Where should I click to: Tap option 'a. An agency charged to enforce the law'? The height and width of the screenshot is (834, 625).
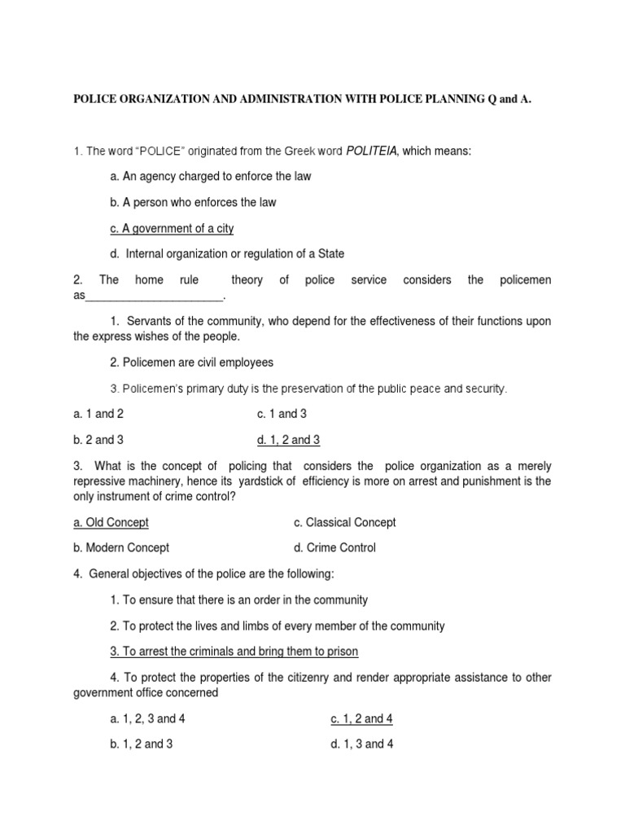(209, 176)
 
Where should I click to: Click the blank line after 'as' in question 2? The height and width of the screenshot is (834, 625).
(154, 296)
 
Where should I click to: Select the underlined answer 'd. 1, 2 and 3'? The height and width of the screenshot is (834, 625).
(288, 440)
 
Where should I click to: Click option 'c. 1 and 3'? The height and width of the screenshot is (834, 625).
(277, 414)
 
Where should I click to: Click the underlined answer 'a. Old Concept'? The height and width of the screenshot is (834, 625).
(111, 522)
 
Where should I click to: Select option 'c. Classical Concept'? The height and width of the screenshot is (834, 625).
(344, 522)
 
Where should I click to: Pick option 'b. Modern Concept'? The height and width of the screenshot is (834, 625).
(121, 548)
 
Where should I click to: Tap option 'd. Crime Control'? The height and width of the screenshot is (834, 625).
(334, 548)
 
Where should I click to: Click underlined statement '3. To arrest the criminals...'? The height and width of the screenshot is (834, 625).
(234, 652)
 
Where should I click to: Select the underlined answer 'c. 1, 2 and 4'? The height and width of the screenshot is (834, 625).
(362, 719)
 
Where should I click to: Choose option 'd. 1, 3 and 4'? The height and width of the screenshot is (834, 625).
(362, 745)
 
